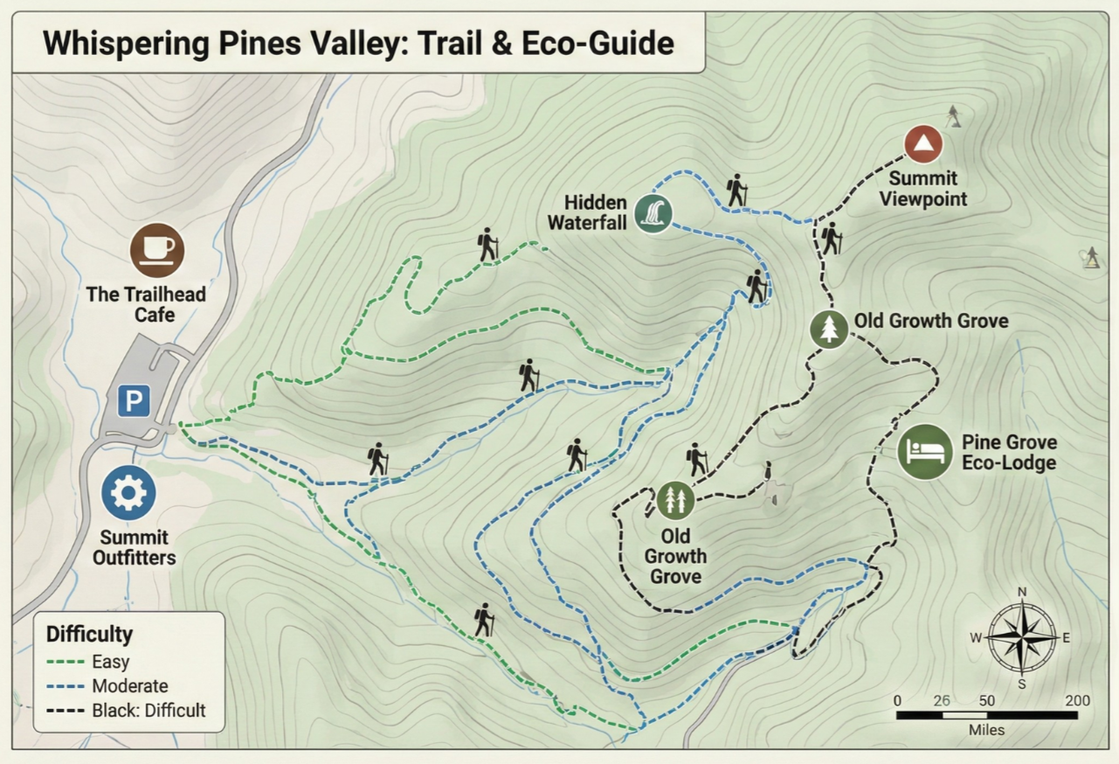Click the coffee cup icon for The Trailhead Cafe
coord(158,249)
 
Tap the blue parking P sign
coord(134,401)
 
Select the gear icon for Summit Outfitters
coord(128,493)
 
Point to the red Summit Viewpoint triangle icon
coord(923,143)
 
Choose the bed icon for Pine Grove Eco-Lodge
coord(925,452)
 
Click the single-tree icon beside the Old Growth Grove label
coord(829,330)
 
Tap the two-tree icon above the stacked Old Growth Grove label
coord(675,500)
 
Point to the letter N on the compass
coord(1022,592)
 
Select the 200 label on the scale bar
coord(1077,700)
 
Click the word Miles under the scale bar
coord(986,730)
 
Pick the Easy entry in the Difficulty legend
coord(110,662)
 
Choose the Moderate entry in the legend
coord(129,686)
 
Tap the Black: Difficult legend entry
coord(149,710)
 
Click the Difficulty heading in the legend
coord(89,634)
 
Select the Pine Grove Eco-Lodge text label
coord(1009,453)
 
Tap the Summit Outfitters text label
coord(135,548)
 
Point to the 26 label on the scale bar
coord(942,700)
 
